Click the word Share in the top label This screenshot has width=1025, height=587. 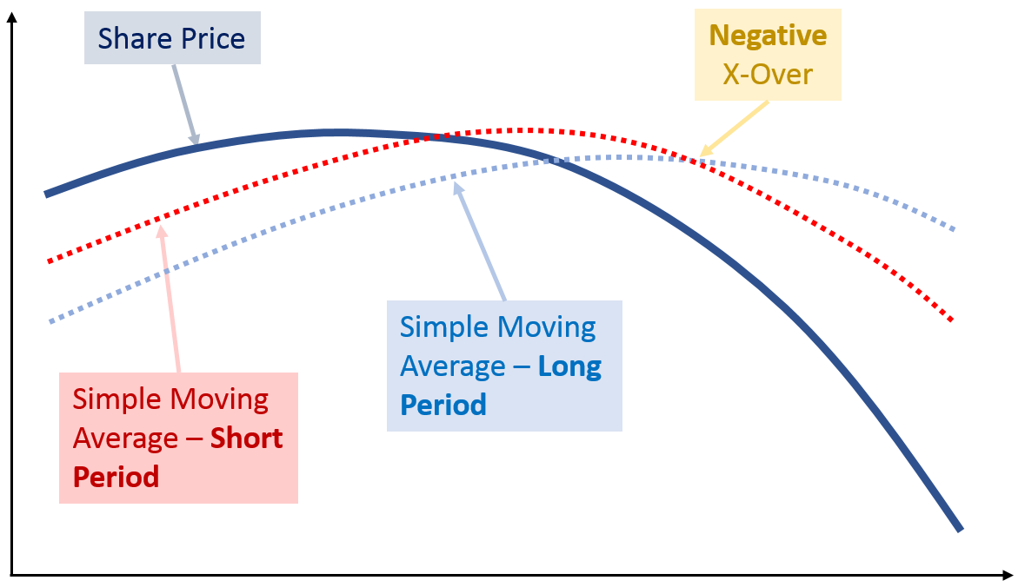click(136, 38)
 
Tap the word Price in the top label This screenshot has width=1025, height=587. click(213, 38)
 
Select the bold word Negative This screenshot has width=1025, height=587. click(768, 36)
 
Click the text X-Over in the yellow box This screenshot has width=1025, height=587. click(768, 75)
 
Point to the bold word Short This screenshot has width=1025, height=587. click(246, 439)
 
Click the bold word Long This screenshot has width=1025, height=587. click(569, 366)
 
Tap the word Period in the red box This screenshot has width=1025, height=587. click(116, 478)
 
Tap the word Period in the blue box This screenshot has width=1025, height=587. click(443, 406)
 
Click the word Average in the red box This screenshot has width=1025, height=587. click(125, 439)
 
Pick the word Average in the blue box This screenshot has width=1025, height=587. click(453, 366)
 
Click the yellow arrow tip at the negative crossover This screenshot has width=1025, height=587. click(700, 156)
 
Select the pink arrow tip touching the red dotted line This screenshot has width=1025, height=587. click(161, 226)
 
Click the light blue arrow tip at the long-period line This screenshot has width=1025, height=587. click(455, 183)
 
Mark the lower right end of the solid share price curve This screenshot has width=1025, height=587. click(961, 531)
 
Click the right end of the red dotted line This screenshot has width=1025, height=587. click(952, 320)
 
